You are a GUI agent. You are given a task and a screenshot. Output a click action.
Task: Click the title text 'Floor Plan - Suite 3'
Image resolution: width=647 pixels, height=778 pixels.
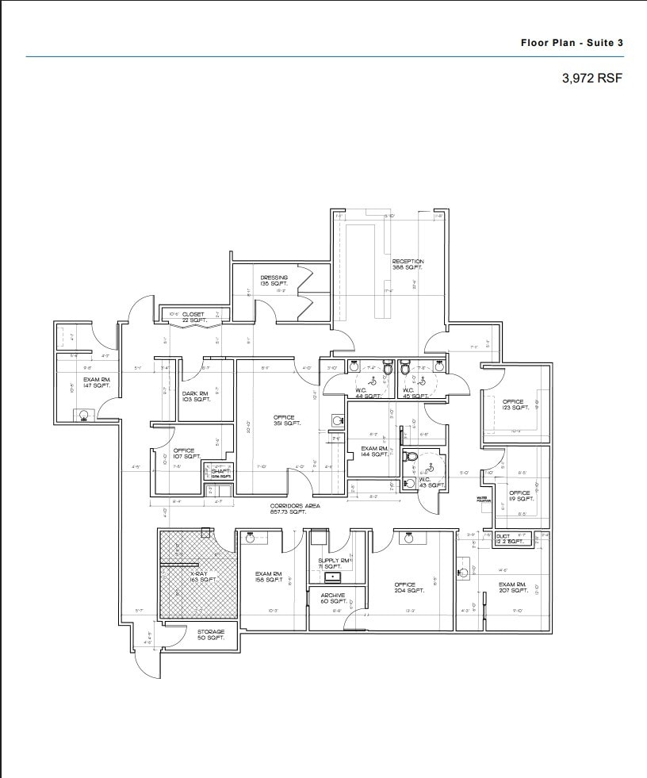click(571, 42)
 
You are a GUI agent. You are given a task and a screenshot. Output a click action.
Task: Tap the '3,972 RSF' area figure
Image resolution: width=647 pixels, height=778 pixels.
click(592, 79)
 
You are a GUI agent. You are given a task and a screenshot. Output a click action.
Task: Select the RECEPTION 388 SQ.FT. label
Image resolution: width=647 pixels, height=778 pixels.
click(408, 265)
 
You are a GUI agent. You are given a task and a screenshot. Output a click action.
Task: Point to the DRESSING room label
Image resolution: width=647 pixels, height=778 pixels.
click(274, 281)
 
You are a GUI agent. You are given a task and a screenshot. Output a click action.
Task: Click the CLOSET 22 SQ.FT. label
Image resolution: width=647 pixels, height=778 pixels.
click(193, 317)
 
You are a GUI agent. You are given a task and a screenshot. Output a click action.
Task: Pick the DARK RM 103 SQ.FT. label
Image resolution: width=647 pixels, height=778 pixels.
click(196, 397)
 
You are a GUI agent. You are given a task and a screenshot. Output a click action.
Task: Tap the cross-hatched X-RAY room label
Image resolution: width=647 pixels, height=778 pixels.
click(203, 576)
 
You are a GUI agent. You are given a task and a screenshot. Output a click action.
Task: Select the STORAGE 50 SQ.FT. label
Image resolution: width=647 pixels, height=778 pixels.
click(211, 635)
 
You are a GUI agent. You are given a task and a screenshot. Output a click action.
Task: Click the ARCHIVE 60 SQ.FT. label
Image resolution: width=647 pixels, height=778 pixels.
click(332, 599)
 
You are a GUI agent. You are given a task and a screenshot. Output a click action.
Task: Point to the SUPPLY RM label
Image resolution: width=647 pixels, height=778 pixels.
click(328, 564)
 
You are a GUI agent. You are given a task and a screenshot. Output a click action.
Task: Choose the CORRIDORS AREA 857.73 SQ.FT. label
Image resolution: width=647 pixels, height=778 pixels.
click(294, 509)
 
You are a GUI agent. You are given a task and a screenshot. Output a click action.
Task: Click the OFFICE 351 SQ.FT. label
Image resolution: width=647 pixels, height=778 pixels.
click(284, 420)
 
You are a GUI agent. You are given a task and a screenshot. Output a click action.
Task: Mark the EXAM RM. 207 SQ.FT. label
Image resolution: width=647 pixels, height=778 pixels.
click(513, 588)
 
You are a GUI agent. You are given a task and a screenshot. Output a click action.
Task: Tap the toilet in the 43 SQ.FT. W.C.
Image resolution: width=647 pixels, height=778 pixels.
click(411, 458)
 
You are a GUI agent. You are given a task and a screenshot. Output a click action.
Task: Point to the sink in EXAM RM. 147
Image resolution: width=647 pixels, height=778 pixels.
click(84, 414)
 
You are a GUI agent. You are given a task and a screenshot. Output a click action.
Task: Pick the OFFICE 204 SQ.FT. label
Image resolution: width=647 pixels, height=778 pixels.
click(405, 588)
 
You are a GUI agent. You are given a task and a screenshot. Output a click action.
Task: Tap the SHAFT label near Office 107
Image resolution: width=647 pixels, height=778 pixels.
click(220, 473)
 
